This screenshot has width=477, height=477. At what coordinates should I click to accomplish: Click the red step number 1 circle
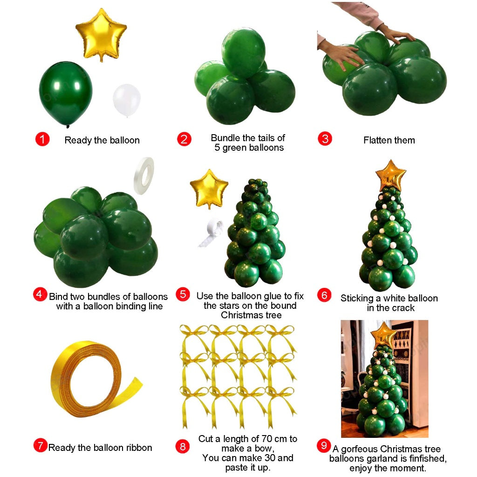42,139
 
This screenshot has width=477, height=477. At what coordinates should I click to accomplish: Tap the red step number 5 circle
183,294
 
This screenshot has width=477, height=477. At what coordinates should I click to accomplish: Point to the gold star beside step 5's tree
209,189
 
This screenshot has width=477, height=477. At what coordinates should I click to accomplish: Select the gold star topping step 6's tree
391,175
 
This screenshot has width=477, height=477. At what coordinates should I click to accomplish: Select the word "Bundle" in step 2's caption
225,138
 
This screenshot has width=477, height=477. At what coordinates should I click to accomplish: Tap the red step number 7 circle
41,446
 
